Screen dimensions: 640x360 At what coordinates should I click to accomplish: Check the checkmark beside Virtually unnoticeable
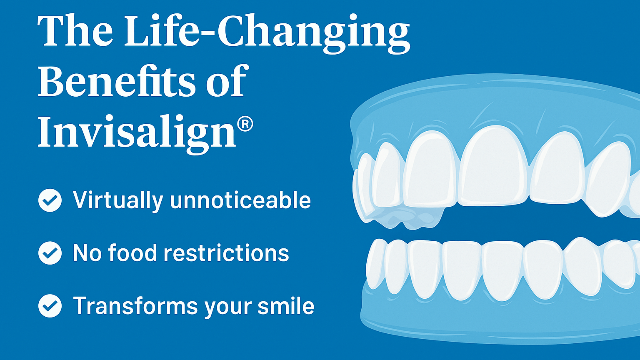[50, 200]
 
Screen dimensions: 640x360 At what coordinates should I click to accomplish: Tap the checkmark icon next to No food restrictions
[50, 253]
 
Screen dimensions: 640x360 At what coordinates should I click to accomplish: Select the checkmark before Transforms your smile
[50, 306]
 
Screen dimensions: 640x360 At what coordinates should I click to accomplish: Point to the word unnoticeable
[240, 200]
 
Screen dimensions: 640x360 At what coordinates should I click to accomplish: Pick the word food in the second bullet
[132, 252]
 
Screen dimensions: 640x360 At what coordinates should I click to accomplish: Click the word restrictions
[226, 253]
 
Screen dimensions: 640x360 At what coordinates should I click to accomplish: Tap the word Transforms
[135, 306]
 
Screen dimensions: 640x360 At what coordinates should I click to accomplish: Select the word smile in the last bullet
[286, 306]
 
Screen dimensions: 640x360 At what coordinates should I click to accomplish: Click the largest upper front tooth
[494, 166]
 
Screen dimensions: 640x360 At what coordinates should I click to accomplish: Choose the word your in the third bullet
[227, 308]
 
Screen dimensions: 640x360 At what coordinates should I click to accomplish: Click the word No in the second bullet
[87, 253]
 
